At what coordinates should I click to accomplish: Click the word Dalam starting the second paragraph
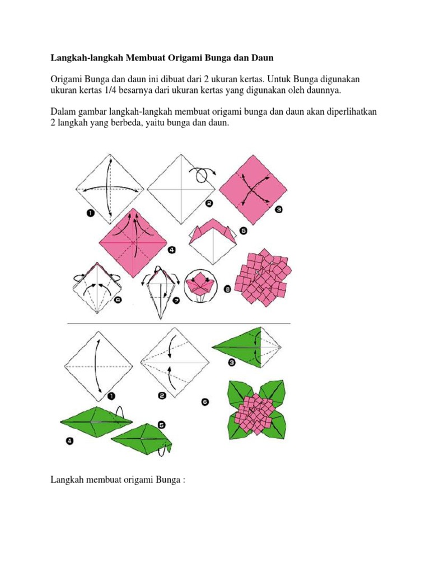64,112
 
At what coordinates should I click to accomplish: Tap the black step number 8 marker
226,289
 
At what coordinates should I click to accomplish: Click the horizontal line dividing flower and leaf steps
179,324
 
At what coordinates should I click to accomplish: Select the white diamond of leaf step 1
99,366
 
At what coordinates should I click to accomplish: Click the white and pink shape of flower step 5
211,241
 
